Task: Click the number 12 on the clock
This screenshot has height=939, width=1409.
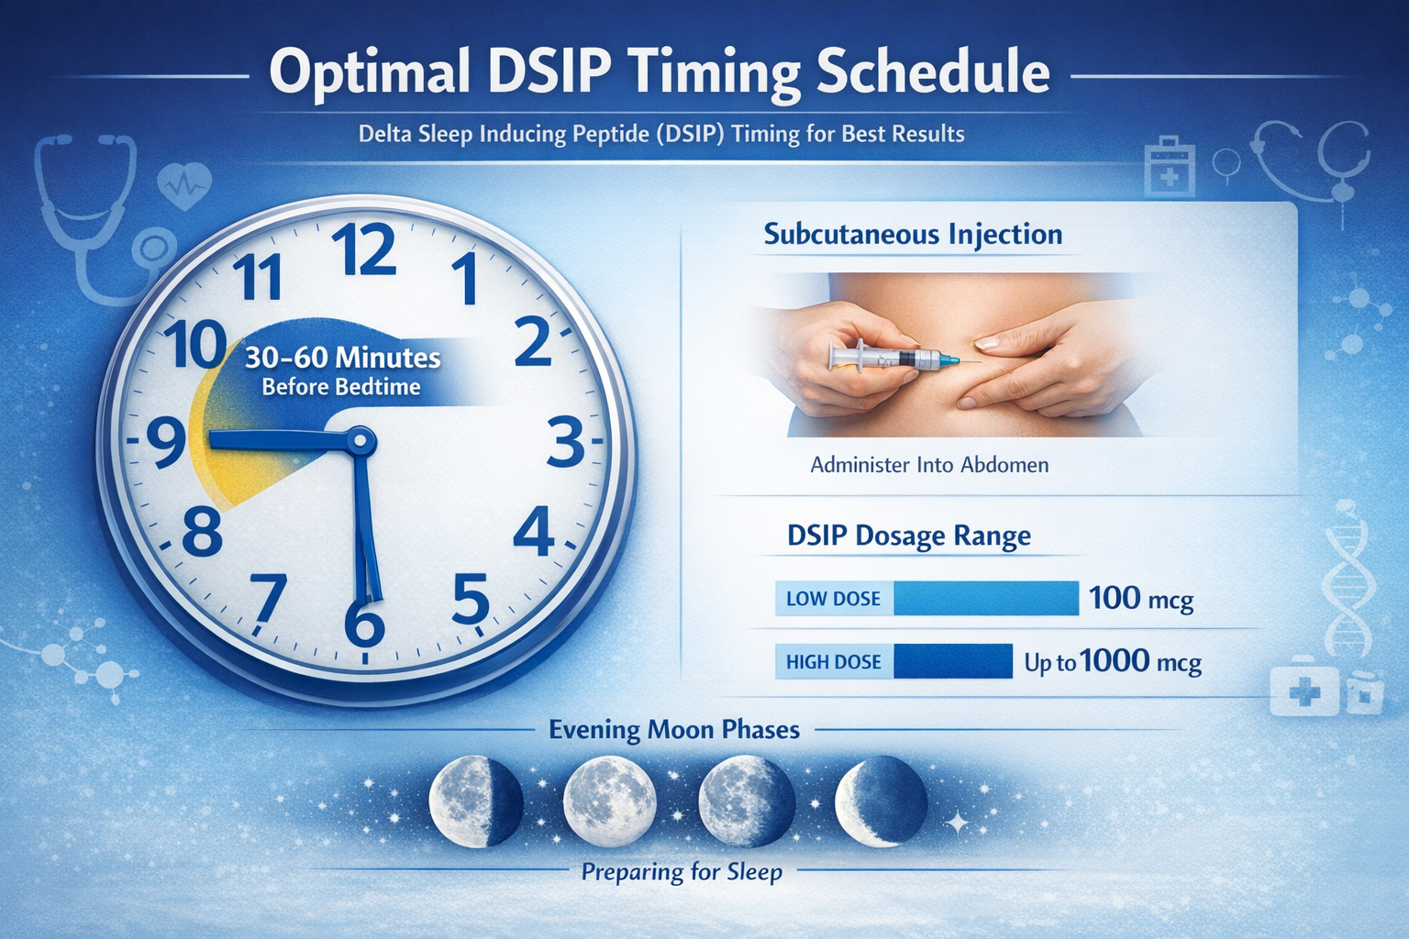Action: coord(364,249)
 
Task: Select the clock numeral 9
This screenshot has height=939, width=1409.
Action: coord(166,443)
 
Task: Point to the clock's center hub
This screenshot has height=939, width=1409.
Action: coord(360,441)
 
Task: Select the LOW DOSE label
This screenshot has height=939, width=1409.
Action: coord(834,598)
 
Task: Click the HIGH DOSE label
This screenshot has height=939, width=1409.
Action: coord(834,662)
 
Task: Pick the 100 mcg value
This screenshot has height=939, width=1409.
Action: coord(1140,598)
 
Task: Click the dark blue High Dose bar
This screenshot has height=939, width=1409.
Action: coord(953,661)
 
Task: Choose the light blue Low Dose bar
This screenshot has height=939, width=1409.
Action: coord(986,598)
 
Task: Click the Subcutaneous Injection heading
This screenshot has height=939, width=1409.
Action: coord(914,235)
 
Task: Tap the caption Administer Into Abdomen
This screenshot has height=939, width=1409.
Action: coord(929,465)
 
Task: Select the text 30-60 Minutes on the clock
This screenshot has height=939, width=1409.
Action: coord(343,358)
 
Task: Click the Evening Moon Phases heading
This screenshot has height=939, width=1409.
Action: coord(674,730)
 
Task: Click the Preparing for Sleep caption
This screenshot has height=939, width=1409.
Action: coord(682,872)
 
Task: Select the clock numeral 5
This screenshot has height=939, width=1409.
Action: coord(471,598)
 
